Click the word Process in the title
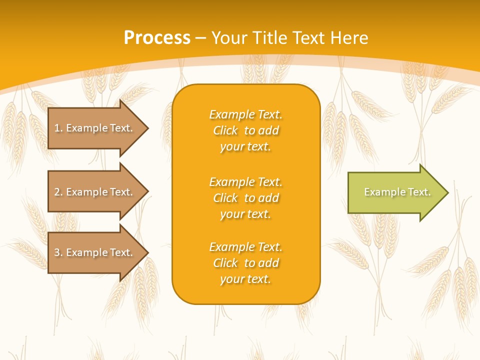point(157,38)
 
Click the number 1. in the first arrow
point(58,128)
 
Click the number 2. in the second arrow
point(58,192)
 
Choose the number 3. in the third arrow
point(58,252)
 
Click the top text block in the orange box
point(245,130)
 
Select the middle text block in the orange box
point(245,198)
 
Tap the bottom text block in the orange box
point(245,263)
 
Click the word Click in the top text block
point(225,130)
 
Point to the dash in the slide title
point(200,38)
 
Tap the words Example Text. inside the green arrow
point(397,192)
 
